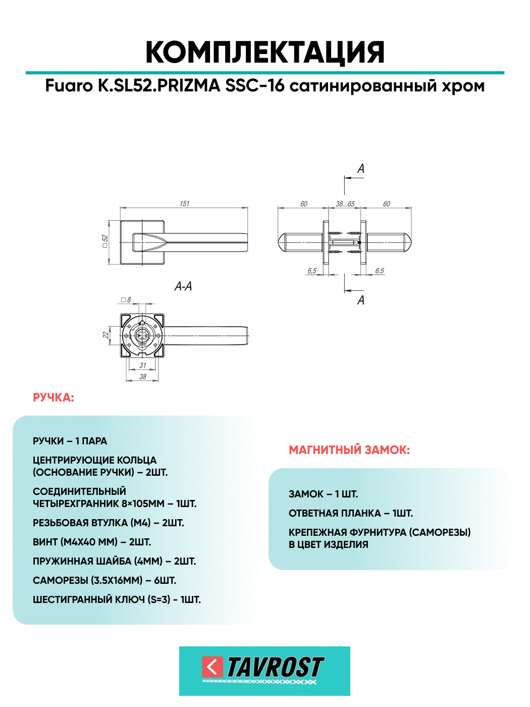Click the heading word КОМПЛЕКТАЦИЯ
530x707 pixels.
(x=265, y=52)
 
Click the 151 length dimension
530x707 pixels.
(x=184, y=204)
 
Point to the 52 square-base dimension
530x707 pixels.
(x=105, y=241)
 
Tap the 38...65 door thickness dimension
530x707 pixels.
(x=345, y=204)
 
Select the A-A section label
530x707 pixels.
(x=183, y=286)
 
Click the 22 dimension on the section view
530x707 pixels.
(x=105, y=334)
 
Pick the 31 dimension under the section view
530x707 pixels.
(x=143, y=365)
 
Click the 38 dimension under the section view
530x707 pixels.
(x=143, y=376)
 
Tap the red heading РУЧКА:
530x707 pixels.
(x=54, y=398)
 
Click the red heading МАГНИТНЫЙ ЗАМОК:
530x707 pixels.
(x=349, y=450)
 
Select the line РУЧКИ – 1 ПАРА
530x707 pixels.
(x=70, y=441)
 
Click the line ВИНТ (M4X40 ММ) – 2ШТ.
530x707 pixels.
(x=92, y=542)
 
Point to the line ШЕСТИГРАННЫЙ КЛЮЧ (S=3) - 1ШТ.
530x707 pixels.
(x=117, y=599)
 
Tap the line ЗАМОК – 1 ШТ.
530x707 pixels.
(x=323, y=494)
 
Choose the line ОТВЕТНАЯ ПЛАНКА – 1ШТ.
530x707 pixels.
(x=351, y=513)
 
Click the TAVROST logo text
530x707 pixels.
(x=275, y=667)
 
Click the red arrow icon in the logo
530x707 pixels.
(x=212, y=667)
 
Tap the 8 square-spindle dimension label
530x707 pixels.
(x=129, y=300)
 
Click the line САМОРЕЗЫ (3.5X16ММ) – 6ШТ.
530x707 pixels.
(x=104, y=580)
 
